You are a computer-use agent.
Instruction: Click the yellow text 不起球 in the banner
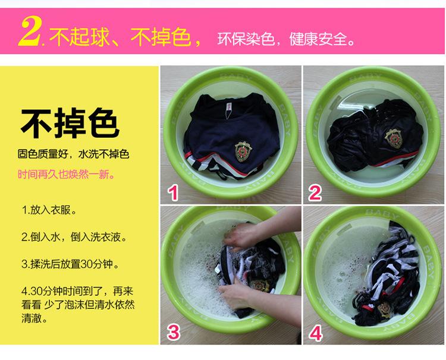pos(79,37)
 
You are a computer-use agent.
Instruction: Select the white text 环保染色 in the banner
pos(246,39)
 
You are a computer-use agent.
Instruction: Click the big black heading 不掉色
pos(70,123)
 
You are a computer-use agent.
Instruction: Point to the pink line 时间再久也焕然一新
pos(67,174)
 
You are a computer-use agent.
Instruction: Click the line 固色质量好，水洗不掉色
pos(73,154)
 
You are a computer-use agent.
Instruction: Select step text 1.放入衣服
pos(49,210)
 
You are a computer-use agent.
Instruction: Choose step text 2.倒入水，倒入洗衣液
pos(74,236)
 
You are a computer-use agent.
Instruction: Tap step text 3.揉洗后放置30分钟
pos(70,264)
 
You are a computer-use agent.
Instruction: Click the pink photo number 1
pos(173,193)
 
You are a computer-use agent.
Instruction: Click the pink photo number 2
pos(315,193)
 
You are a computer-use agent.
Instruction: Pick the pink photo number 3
pos(174,332)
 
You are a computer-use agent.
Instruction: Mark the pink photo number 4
pos(316,333)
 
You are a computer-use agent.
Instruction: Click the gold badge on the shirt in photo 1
pos(243,151)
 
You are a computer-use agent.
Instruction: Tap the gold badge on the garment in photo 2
pos(394,138)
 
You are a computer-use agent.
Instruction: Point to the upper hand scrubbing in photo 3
pos(238,236)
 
